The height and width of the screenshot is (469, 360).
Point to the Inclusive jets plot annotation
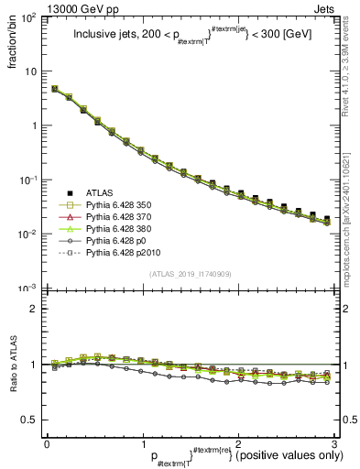[x=191, y=38]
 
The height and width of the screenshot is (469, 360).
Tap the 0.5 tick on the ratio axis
[x=31, y=420]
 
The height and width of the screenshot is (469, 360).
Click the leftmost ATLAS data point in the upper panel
[x=55, y=89]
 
